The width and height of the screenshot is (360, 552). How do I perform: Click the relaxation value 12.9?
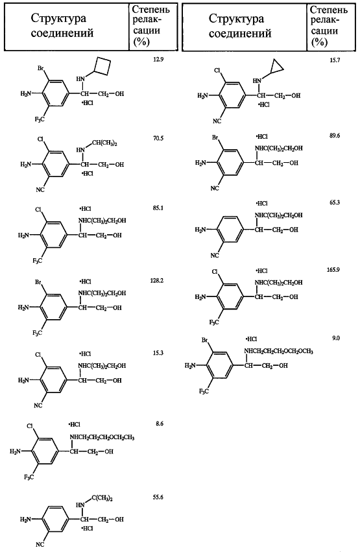[158, 59]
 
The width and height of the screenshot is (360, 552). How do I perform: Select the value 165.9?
[333, 269]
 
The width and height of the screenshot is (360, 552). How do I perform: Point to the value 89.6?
[335, 136]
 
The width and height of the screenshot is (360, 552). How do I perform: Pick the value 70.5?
[158, 138]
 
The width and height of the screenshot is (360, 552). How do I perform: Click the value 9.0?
[336, 338]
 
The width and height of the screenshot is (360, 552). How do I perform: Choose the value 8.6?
[160, 424]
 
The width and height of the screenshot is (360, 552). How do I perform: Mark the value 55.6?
[158, 497]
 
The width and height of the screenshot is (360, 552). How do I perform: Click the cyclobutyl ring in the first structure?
[104, 67]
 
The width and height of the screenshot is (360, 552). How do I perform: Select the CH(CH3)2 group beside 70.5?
[104, 143]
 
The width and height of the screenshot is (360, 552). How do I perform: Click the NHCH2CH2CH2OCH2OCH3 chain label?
[279, 351]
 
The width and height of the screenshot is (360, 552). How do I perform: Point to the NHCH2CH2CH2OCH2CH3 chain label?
[102, 437]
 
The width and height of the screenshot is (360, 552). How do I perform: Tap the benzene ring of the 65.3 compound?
[229, 230]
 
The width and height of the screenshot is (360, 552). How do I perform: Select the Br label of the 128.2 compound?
[39, 282]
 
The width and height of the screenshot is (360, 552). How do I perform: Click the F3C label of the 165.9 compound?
[214, 322]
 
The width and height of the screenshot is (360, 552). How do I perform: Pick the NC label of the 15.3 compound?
[38, 405]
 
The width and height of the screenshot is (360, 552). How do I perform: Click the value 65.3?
[335, 203]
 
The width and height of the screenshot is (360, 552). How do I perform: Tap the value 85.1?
[158, 208]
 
